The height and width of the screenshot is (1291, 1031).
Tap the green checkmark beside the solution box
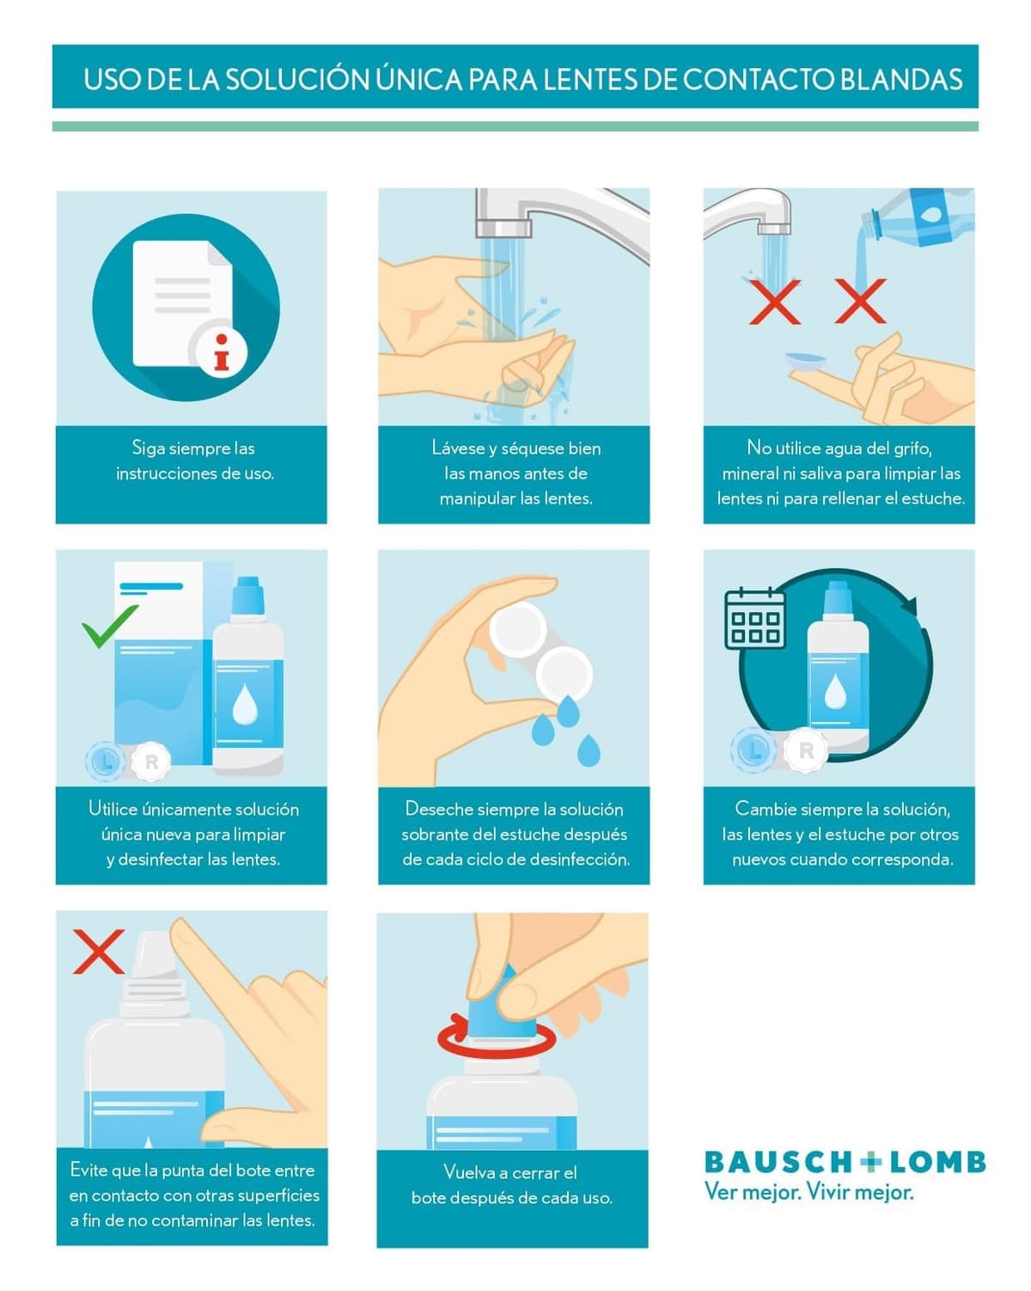pos(108,626)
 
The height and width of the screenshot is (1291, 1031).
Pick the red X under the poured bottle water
pos(860,301)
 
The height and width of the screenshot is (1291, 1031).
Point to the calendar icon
pos(754,619)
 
